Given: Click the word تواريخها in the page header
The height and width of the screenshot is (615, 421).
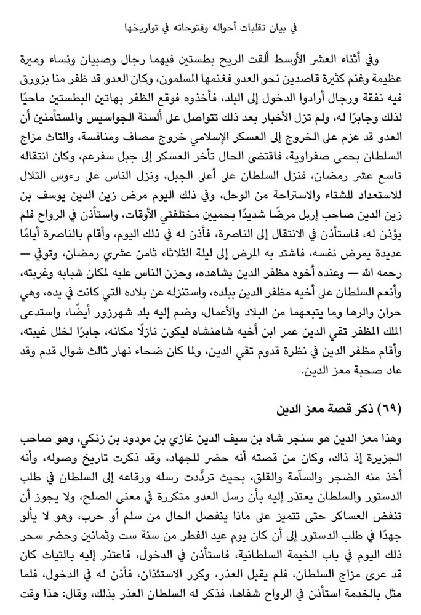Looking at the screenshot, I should point(151,28).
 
